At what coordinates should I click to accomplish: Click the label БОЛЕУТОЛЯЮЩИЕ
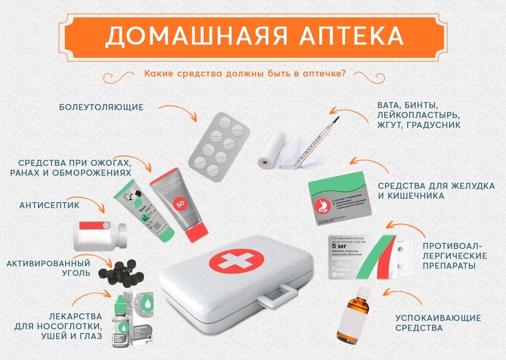tap(101, 107)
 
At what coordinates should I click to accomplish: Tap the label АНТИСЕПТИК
tap(49, 205)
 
